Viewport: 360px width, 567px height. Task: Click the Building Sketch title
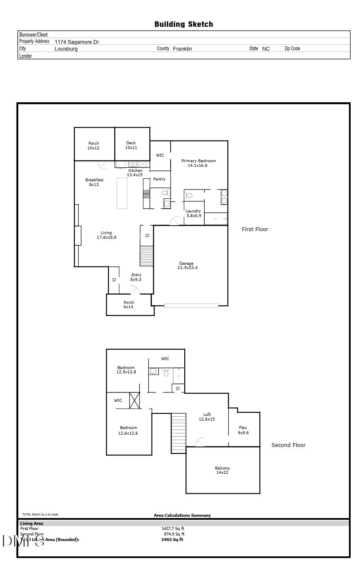click(183, 24)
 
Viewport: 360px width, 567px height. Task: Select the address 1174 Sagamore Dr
click(77, 42)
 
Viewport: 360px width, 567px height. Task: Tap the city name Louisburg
click(66, 49)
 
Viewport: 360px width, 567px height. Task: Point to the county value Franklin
click(182, 49)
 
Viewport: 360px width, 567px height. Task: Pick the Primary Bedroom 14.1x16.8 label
click(198, 163)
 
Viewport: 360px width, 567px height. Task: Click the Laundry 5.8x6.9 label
click(193, 213)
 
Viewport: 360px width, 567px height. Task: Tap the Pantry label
click(159, 179)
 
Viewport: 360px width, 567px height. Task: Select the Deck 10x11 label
click(131, 146)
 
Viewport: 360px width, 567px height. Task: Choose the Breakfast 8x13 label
click(94, 182)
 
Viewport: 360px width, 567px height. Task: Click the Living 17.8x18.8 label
click(106, 235)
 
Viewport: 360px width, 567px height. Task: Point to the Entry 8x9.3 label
click(136, 277)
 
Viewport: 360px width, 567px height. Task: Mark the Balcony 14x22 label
click(222, 470)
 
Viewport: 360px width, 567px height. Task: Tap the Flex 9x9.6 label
click(243, 430)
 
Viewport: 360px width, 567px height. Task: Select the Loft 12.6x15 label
click(207, 417)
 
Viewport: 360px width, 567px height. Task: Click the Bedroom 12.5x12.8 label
click(126, 369)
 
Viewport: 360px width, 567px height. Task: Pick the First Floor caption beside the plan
click(255, 229)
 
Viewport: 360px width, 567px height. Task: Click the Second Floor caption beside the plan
click(289, 445)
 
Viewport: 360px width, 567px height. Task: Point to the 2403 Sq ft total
click(172, 539)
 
